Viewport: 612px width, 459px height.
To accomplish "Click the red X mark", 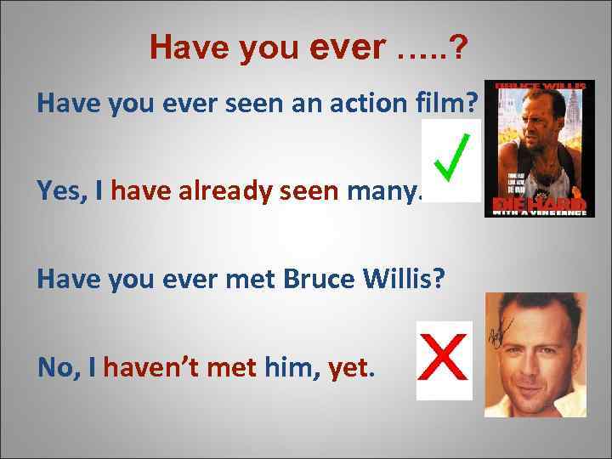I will (x=443, y=360).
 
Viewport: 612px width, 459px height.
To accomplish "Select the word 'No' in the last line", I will (x=53, y=367).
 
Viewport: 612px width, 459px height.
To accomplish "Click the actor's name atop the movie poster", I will (x=539, y=86).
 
